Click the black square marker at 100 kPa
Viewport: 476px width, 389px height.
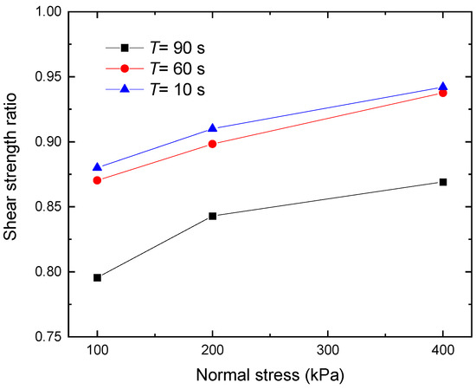point(98,277)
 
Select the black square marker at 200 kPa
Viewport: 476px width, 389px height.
point(213,216)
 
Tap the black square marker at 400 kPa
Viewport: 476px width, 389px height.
point(443,182)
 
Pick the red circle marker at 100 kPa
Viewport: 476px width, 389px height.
point(98,180)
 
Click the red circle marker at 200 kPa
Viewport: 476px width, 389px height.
point(213,144)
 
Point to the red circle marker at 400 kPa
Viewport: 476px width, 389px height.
point(443,92)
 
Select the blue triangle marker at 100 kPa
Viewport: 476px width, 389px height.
point(98,167)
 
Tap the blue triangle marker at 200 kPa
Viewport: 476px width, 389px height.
point(213,128)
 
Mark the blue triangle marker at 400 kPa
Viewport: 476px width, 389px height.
point(443,87)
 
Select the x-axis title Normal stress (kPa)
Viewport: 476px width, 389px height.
point(270,376)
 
